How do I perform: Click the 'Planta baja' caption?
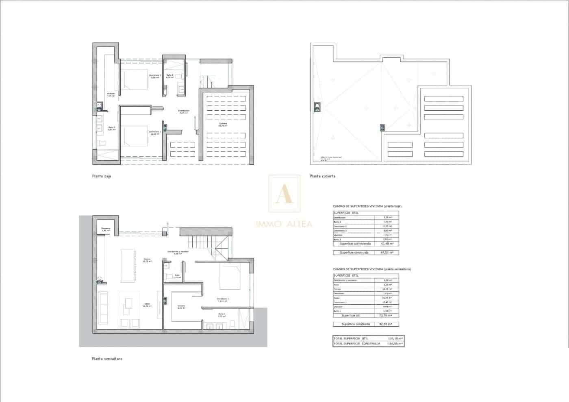102,177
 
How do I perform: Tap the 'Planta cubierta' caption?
322,176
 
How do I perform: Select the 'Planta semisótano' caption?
107,359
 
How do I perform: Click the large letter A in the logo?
284,194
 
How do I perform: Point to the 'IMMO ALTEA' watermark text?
284,224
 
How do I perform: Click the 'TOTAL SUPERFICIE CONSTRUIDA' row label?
357,344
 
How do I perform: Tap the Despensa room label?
106,229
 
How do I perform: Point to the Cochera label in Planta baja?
223,124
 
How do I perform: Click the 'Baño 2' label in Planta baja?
169,76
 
